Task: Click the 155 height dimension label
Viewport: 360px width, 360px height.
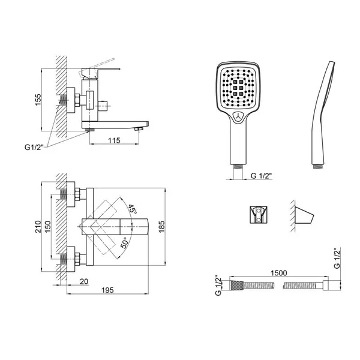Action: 38,100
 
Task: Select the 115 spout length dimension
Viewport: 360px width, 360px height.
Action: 114,140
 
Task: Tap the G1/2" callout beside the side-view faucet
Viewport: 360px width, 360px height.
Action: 34,147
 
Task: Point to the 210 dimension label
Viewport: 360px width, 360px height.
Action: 38,227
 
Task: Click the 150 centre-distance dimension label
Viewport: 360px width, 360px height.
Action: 47,227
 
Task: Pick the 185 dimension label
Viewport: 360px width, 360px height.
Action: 161,227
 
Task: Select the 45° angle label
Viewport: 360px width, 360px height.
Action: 132,209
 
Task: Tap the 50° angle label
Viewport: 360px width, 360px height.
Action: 124,243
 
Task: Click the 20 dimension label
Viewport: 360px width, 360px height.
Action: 84,281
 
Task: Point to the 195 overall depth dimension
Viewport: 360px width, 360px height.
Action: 107,290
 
